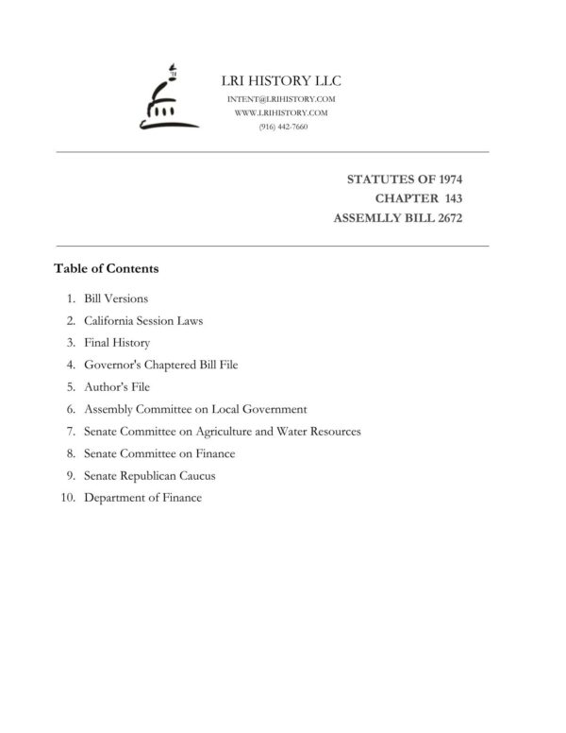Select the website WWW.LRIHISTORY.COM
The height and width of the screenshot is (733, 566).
[280, 112]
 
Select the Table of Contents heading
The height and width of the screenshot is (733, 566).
[107, 268]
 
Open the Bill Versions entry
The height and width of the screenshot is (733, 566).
[116, 299]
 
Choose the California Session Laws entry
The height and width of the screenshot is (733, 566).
[143, 321]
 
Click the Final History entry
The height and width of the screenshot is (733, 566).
[117, 343]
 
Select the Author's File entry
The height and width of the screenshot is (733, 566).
[117, 387]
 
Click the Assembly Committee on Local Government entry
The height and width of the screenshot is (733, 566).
[195, 409]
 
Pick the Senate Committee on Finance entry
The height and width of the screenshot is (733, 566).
[159, 453]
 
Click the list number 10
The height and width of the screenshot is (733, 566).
[67, 498]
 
